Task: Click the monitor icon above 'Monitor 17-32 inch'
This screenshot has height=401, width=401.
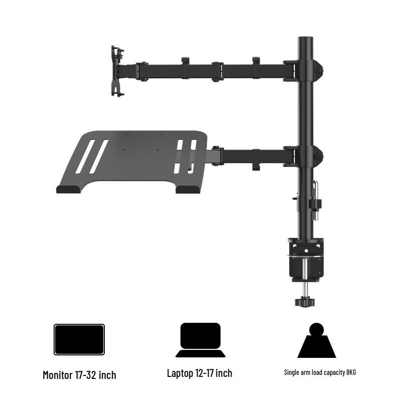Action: (79, 339)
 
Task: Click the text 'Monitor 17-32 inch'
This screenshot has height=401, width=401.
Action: (79, 375)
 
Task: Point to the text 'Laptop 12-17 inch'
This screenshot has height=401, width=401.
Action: (199, 373)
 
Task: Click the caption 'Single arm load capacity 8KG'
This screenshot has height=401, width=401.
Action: (320, 372)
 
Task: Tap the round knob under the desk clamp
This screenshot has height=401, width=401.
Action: (304, 303)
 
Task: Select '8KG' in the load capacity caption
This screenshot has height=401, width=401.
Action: (350, 372)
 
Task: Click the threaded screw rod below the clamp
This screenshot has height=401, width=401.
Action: (304, 289)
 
